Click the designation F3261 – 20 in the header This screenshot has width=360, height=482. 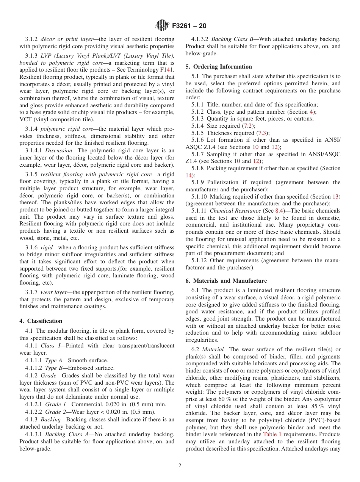[x=189, y=26]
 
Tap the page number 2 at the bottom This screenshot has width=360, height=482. [x=180, y=466]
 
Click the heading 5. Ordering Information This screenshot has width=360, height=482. [x=219, y=67]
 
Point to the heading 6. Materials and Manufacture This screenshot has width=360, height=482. [x=226, y=281]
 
